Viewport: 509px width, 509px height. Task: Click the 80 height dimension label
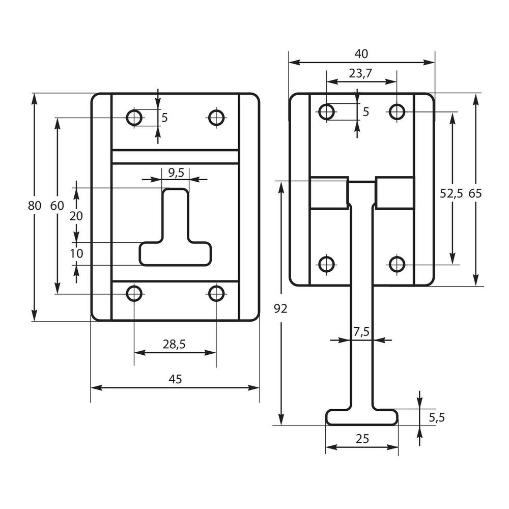(35, 206)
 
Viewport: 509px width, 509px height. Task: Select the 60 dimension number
(57, 206)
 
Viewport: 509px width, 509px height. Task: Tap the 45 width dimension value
(175, 379)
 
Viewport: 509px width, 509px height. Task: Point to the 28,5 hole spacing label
(174, 345)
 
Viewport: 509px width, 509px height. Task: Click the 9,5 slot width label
(175, 173)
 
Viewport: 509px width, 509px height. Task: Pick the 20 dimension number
(76, 216)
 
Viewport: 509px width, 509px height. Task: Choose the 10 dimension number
(76, 253)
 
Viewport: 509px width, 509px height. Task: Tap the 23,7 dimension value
(361, 73)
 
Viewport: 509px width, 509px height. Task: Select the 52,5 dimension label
(451, 193)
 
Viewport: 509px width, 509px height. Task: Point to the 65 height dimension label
(475, 193)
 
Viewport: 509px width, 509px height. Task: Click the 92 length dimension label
(280, 308)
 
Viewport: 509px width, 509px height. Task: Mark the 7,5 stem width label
(361, 332)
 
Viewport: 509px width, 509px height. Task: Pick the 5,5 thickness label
(437, 417)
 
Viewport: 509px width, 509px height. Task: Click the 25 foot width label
(362, 439)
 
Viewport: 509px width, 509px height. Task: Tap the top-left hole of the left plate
(134, 118)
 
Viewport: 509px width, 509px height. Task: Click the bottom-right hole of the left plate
(217, 293)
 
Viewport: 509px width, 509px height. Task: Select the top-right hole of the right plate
(397, 111)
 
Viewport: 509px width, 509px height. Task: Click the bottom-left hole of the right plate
(326, 264)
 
